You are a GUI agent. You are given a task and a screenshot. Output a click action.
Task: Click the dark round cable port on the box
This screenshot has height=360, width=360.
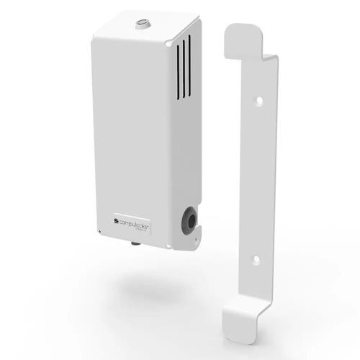click(x=190, y=222)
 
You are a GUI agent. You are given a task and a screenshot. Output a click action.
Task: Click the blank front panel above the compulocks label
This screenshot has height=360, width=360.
click(x=130, y=130)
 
